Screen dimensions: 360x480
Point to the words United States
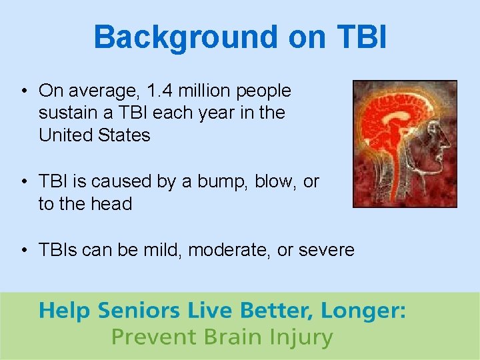(95, 135)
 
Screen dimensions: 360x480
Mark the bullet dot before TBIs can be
(23, 251)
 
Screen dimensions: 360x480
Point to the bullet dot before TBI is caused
(23, 182)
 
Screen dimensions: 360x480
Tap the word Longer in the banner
(363, 311)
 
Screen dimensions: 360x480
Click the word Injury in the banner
(299, 337)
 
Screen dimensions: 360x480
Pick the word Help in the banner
(65, 311)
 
